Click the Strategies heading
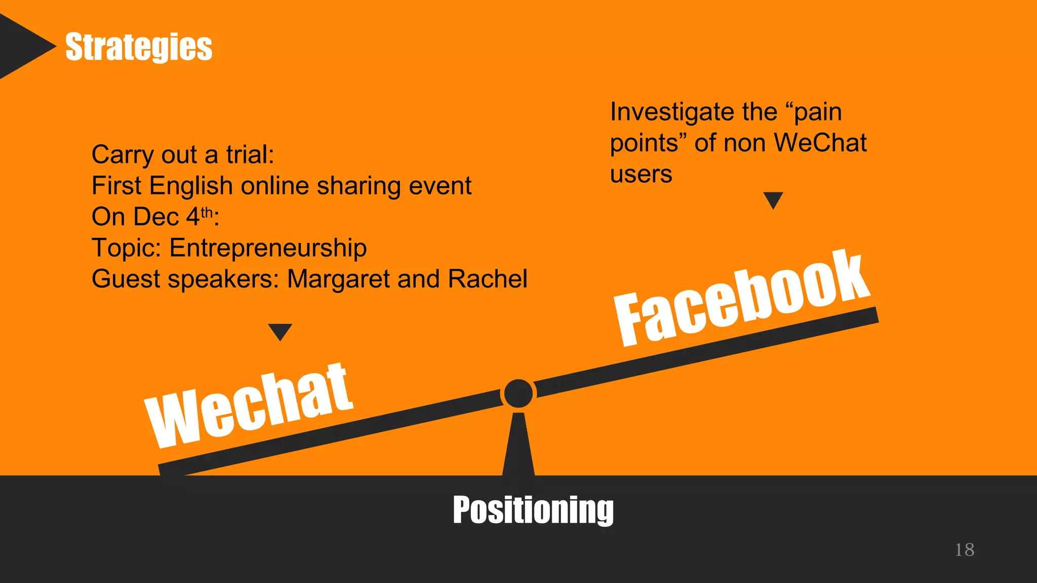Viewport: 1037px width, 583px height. point(139,47)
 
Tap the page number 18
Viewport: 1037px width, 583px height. point(964,550)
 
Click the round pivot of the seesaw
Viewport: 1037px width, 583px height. point(518,393)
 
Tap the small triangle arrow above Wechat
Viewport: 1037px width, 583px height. point(280,331)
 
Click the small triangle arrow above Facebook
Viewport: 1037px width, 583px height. point(773,199)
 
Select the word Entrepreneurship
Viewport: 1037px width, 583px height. point(268,248)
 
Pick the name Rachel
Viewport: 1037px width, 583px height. point(488,279)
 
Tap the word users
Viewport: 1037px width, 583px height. point(641,175)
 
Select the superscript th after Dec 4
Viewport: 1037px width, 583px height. point(207,212)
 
